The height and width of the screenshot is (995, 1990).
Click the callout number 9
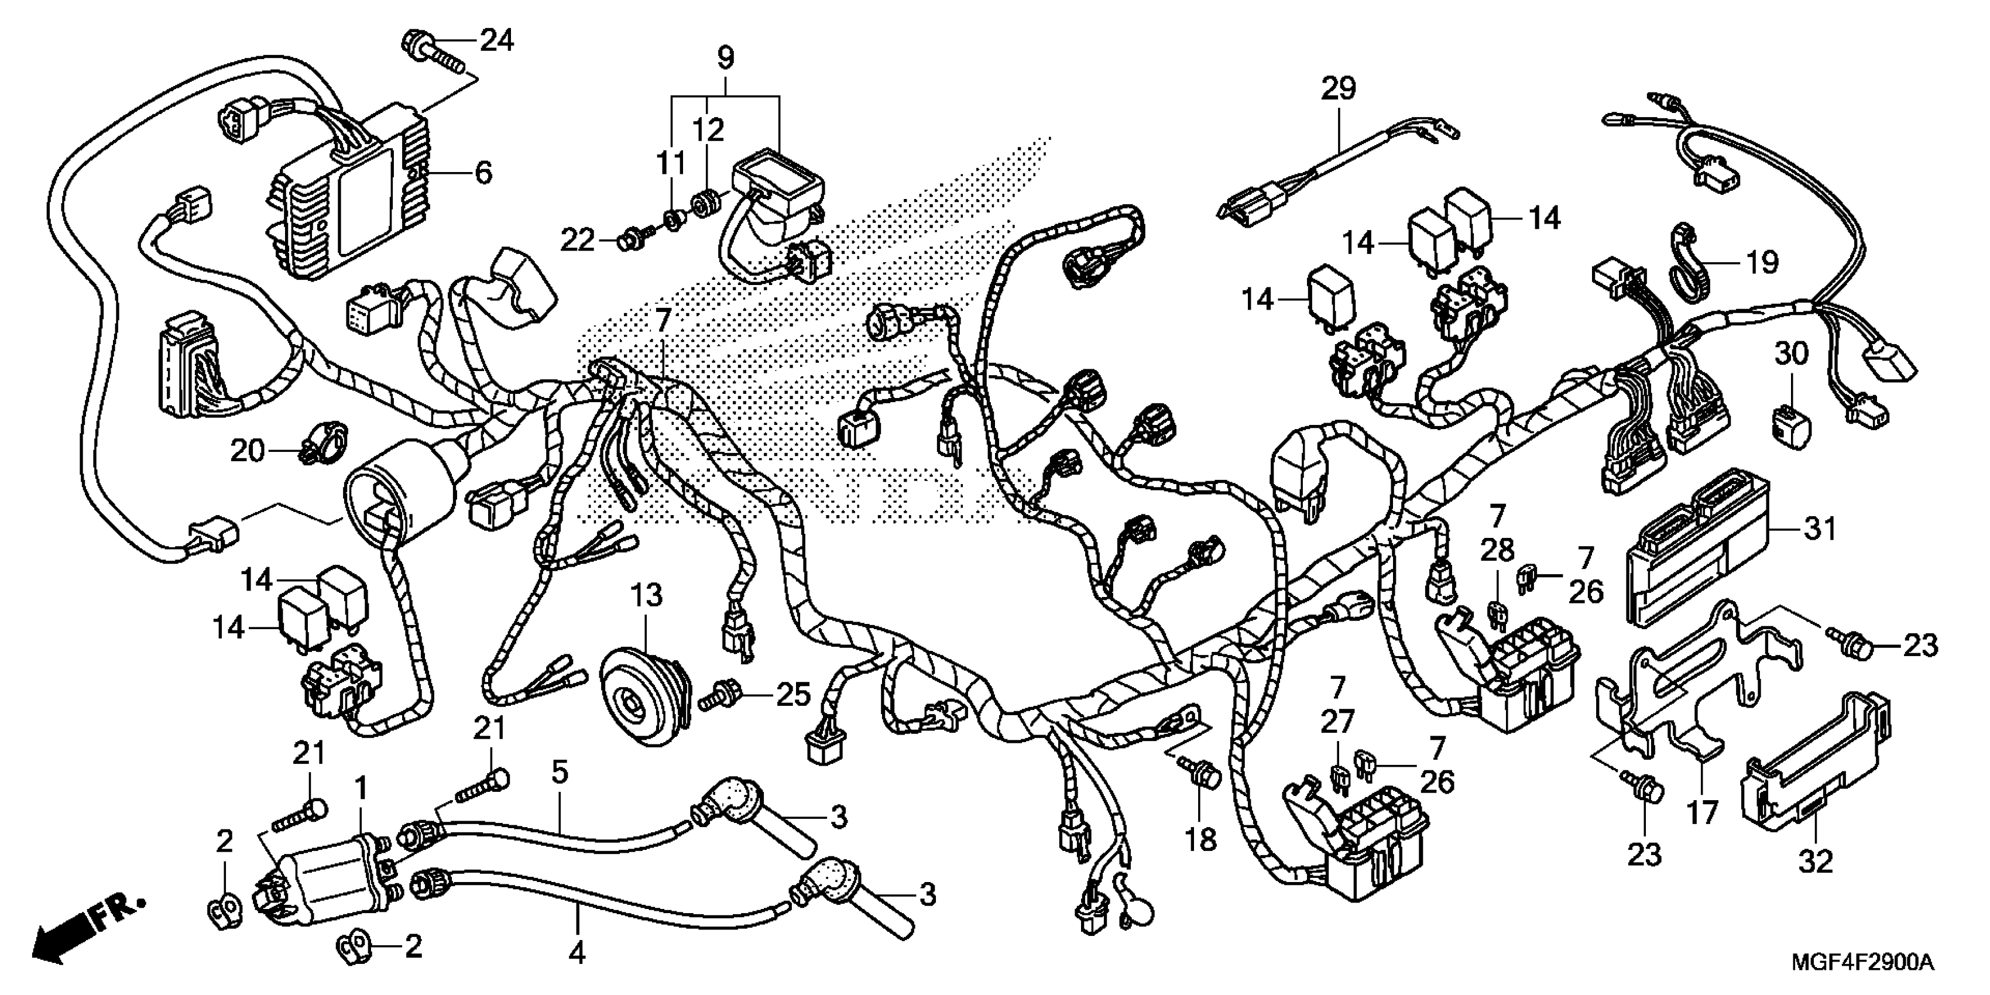point(725,57)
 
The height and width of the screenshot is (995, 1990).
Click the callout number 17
point(1703,813)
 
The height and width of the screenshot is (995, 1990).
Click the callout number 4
point(577,954)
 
